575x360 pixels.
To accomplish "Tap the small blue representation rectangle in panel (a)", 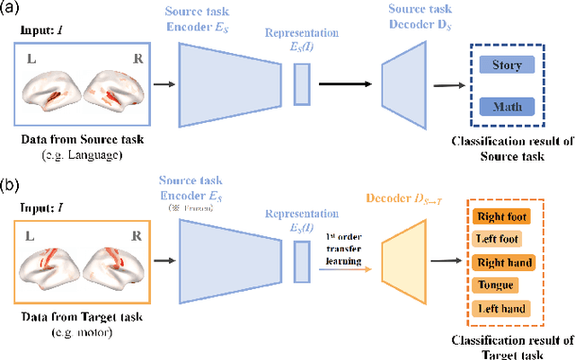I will (301, 84).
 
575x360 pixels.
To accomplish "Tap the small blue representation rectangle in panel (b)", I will (301, 260).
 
